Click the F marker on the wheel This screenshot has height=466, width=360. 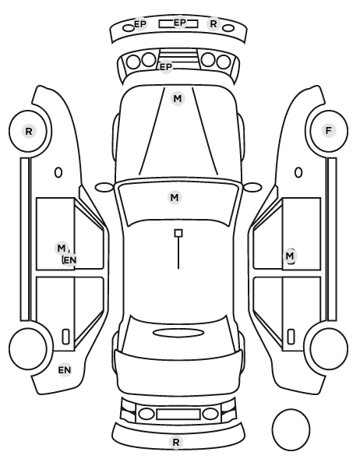coord(329,130)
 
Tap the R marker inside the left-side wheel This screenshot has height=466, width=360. coord(29,132)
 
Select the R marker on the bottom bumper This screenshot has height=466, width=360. coord(176,442)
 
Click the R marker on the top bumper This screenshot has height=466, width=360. coord(214,24)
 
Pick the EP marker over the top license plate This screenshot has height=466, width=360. coord(179,23)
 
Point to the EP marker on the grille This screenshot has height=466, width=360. coord(166,67)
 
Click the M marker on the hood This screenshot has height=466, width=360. coord(178,99)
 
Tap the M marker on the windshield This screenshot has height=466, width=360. coord(175,197)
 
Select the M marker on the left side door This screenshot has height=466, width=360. coord(62,248)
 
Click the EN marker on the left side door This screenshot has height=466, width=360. coord(70,260)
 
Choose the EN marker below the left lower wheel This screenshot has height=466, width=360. coord(65,370)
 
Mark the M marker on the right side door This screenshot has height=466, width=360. coord(290,256)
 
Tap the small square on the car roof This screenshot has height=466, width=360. coord(178,233)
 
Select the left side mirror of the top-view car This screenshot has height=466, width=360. coord(104,187)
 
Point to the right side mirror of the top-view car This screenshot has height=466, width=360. coord(252,187)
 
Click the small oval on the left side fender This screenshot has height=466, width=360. coord(58,172)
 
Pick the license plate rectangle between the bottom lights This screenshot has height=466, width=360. coord(178,414)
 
